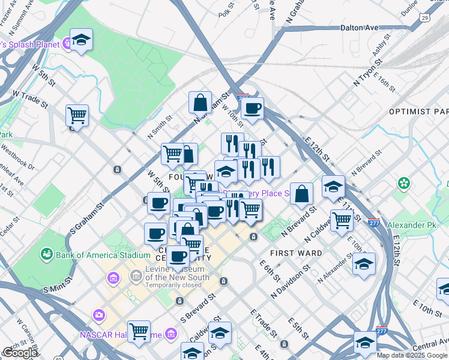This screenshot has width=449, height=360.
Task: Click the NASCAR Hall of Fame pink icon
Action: [x=98, y=314]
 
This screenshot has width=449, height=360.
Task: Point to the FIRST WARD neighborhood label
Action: [x=296, y=253]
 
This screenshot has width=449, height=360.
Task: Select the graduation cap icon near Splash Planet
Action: [x=81, y=41]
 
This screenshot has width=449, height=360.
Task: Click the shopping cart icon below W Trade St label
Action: [x=77, y=115]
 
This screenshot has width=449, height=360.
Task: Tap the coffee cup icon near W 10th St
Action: [x=252, y=109]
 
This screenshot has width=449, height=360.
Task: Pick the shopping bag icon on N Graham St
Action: [x=200, y=103]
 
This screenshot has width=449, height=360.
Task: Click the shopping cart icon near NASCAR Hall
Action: [x=139, y=331]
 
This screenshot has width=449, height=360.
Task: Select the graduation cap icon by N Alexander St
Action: [x=364, y=264]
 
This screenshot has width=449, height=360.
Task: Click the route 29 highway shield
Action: [x=425, y=19]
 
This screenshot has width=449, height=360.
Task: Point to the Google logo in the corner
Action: [x=20, y=353]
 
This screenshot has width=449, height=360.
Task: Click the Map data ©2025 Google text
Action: [x=412, y=355]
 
